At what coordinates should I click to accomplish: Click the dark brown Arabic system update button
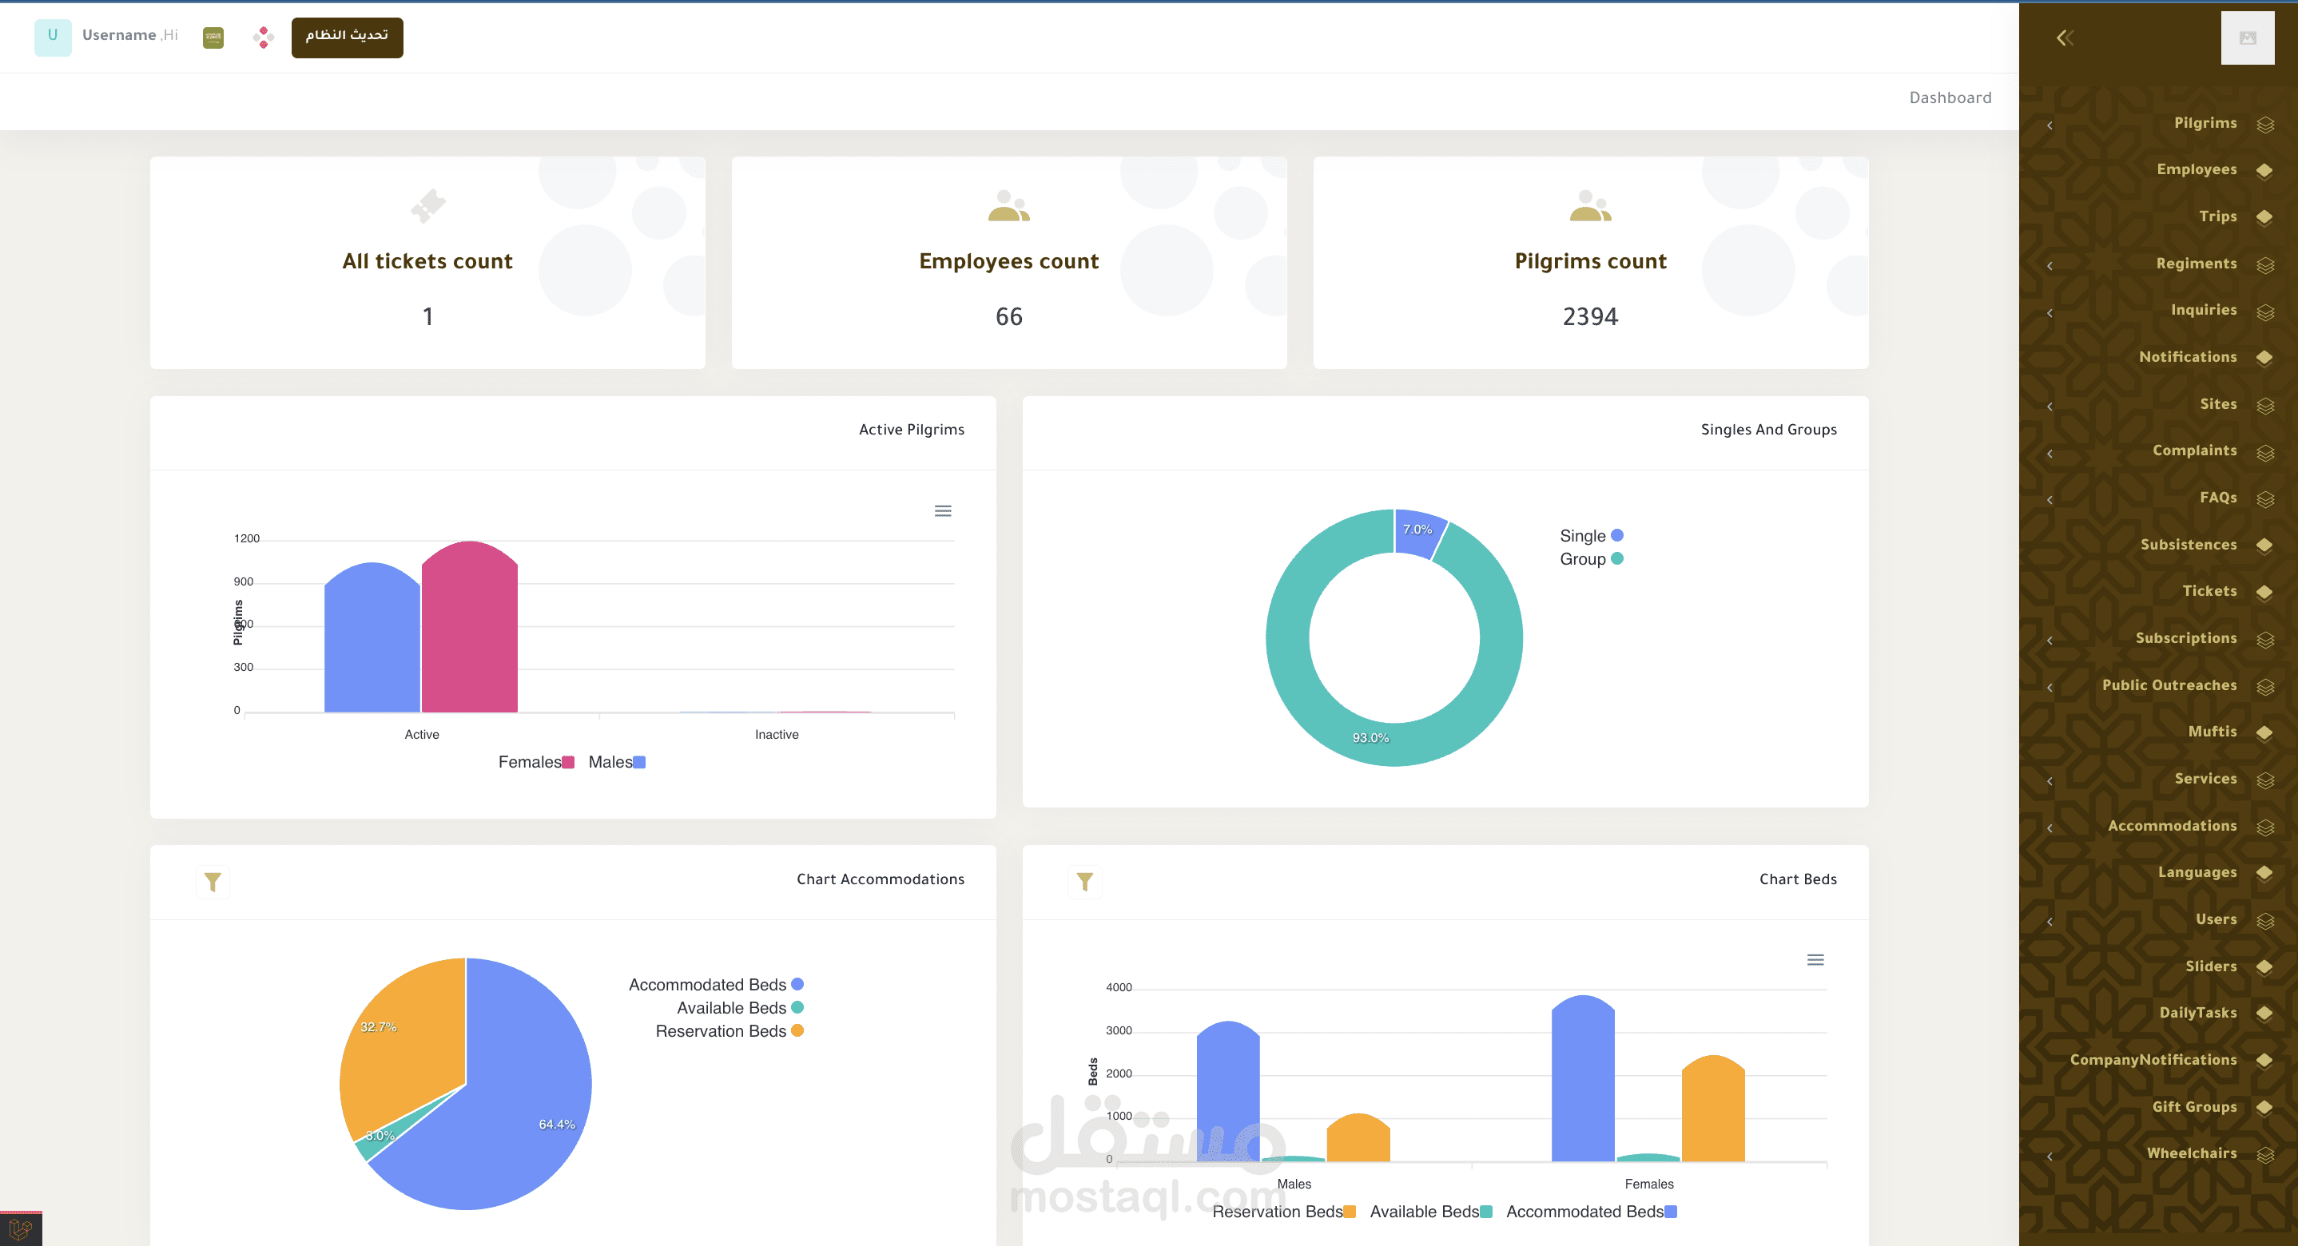(x=346, y=37)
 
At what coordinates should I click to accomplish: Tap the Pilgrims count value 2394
(x=1590, y=316)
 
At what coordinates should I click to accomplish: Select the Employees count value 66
(x=1008, y=316)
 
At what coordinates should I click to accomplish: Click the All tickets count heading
(x=427, y=261)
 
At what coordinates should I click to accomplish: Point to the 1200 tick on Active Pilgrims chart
(x=246, y=538)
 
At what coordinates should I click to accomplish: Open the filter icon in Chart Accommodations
(x=213, y=882)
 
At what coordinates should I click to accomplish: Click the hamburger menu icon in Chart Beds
(x=1815, y=960)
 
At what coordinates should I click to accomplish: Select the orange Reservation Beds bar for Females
(x=1712, y=1110)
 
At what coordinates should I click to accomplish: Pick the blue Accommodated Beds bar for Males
(x=1227, y=1093)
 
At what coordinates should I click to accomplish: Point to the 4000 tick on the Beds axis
(x=1118, y=987)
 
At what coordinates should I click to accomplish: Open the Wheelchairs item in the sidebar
(x=2191, y=1153)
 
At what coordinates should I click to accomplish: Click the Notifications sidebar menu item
(x=2188, y=357)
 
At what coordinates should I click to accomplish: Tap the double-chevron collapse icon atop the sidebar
(x=2064, y=38)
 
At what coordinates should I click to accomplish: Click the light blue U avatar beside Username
(x=53, y=37)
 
